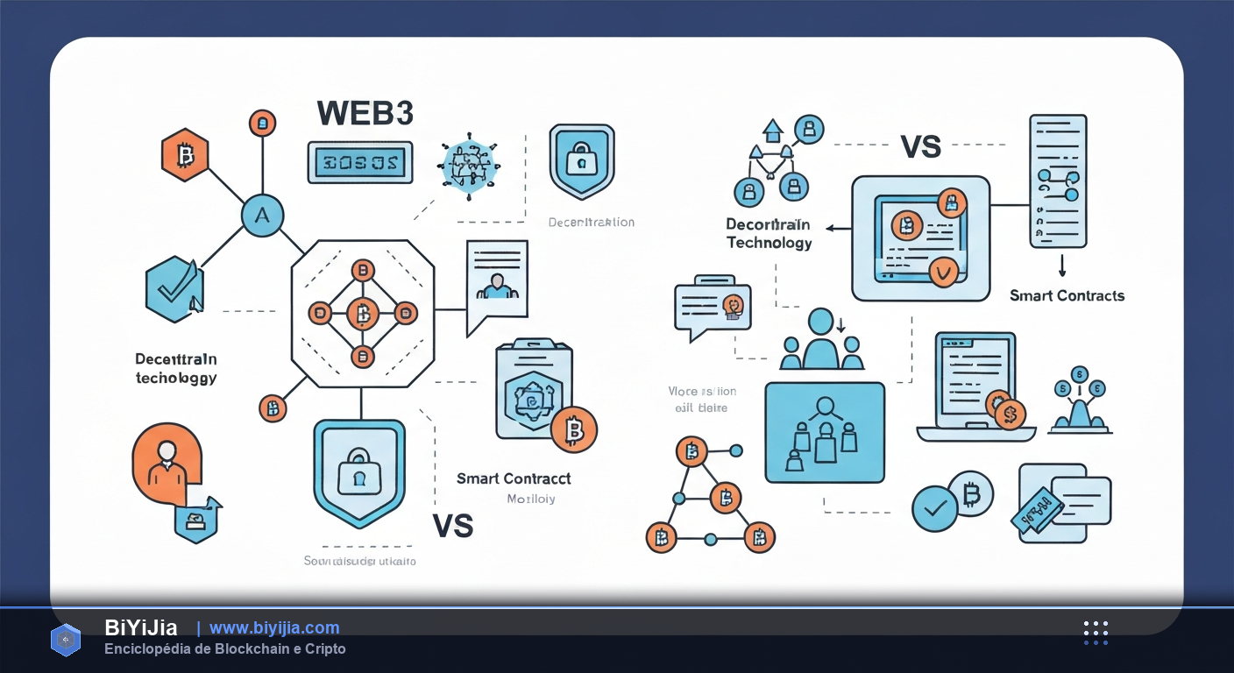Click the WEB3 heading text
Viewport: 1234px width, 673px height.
pos(365,113)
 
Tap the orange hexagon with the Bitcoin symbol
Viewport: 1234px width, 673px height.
pos(185,156)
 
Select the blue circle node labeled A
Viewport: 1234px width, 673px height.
pos(261,214)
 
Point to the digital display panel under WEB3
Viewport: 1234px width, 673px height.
pos(360,162)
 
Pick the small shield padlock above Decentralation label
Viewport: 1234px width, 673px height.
pos(582,160)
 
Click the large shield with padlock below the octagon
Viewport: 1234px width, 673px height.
pos(359,472)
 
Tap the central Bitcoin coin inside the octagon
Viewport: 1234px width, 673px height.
pos(361,313)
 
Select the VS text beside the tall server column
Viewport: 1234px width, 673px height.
pos(920,146)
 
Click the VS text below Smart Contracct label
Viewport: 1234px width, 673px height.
pos(453,525)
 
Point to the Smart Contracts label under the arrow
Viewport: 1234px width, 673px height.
pos(1067,295)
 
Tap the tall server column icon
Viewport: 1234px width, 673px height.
pos(1058,181)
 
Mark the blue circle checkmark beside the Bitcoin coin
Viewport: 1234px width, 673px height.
pos(934,508)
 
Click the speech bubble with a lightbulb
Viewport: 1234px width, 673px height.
pos(712,306)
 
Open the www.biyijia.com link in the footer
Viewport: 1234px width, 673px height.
pos(274,627)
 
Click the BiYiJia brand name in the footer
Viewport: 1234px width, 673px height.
pos(141,627)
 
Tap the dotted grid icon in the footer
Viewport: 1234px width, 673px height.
pos(1096,633)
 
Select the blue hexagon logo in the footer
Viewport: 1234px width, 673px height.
pos(66,640)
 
